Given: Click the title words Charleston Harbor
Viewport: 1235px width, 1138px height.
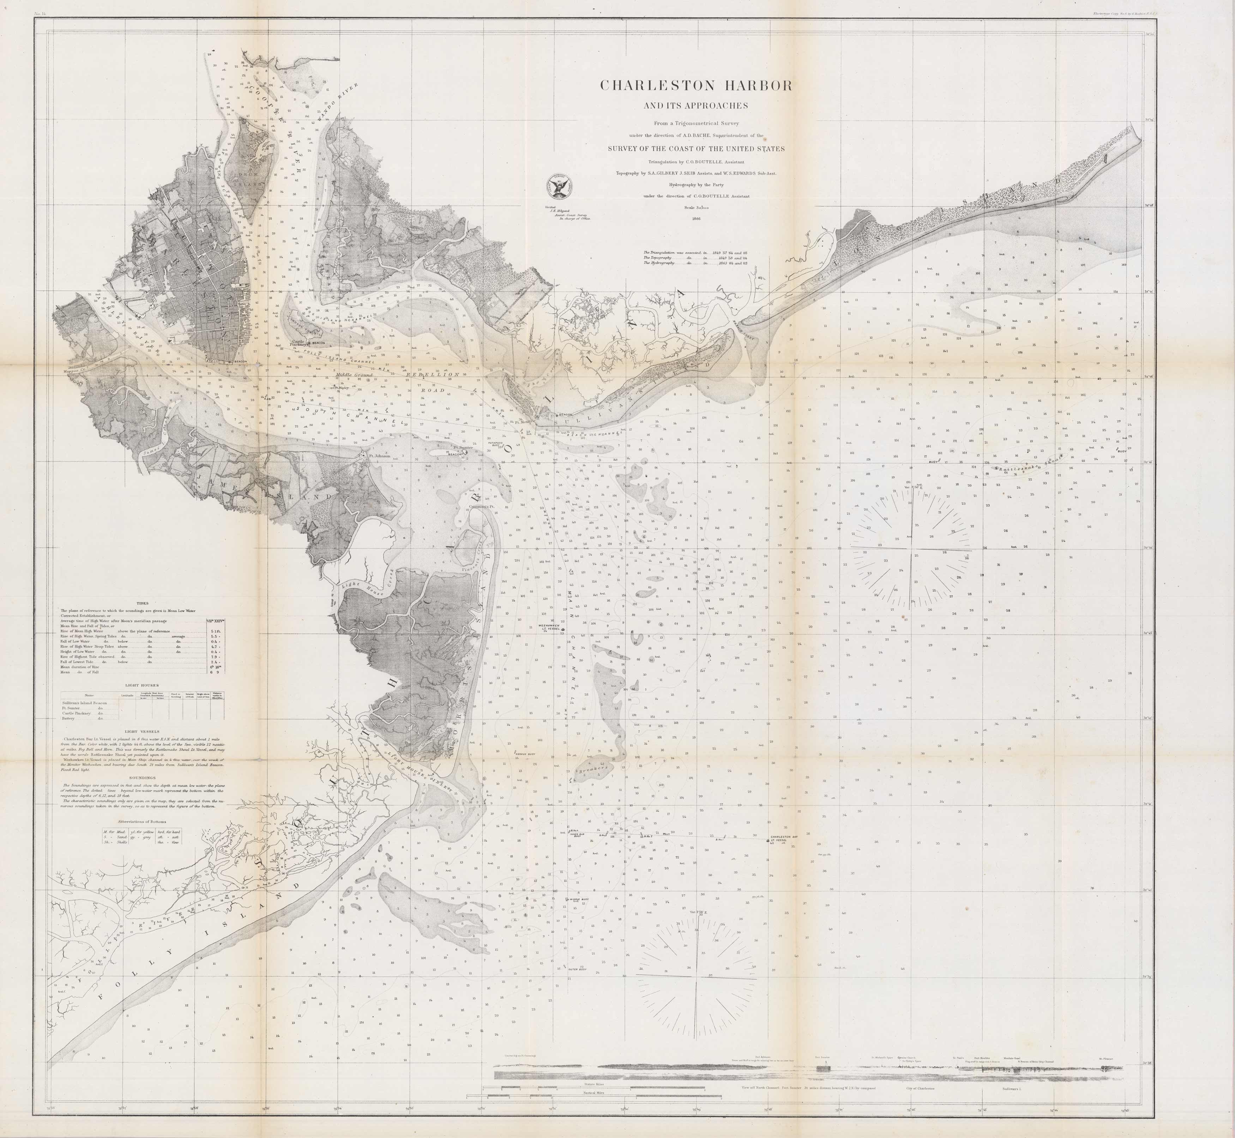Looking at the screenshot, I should pyautogui.click(x=696, y=86).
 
